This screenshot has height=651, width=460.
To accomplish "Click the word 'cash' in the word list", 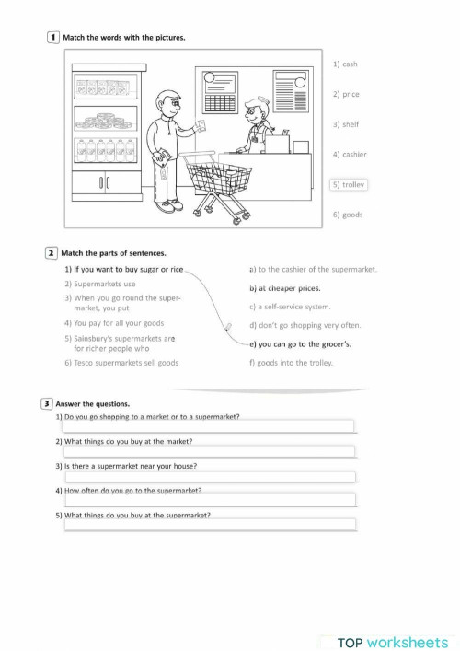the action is tap(350, 64).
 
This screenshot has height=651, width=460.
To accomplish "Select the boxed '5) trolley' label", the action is tap(349, 185).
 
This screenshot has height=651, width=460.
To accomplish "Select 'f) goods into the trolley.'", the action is tap(291, 363).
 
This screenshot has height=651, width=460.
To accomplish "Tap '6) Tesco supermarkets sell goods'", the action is tap(121, 363).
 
